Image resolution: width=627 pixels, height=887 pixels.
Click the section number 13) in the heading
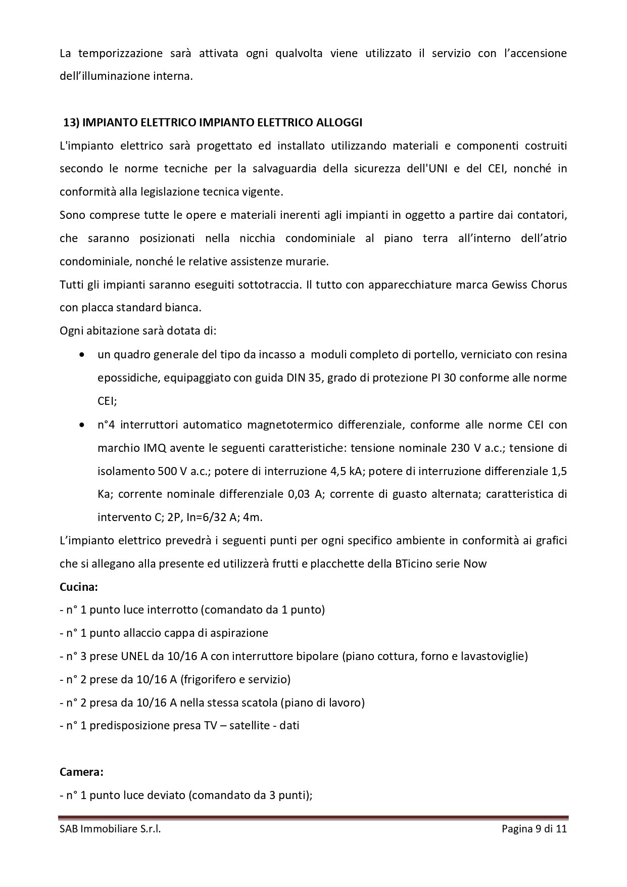tap(71, 123)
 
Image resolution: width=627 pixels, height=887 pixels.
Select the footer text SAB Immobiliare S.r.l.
tap(110, 829)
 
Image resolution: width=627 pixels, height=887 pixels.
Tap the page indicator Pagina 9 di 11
tap(534, 829)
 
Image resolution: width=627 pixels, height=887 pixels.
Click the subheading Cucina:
tap(78, 587)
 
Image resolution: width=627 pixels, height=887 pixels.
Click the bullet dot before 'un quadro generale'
tap(82, 355)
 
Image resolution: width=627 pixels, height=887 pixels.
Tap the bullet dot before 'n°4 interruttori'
tap(82, 425)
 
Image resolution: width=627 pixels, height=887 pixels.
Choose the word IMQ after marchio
tap(143, 448)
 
